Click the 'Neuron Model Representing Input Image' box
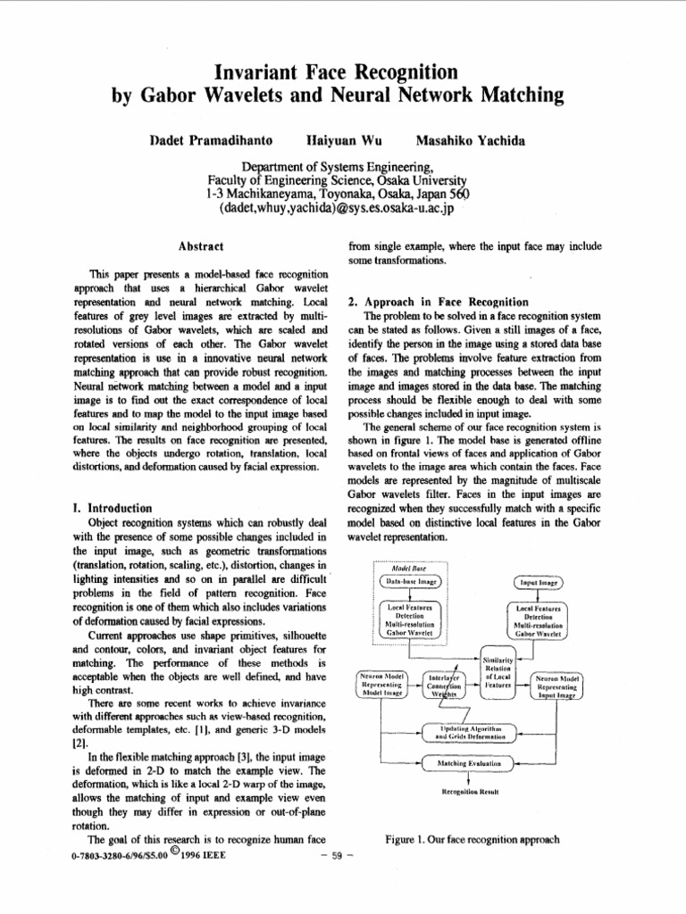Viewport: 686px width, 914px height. tap(559, 685)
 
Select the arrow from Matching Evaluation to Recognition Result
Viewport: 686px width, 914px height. tap(470, 779)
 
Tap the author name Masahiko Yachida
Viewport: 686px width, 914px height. tap(471, 141)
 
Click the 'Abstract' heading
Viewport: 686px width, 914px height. tap(200, 245)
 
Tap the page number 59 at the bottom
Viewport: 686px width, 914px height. tap(338, 857)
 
